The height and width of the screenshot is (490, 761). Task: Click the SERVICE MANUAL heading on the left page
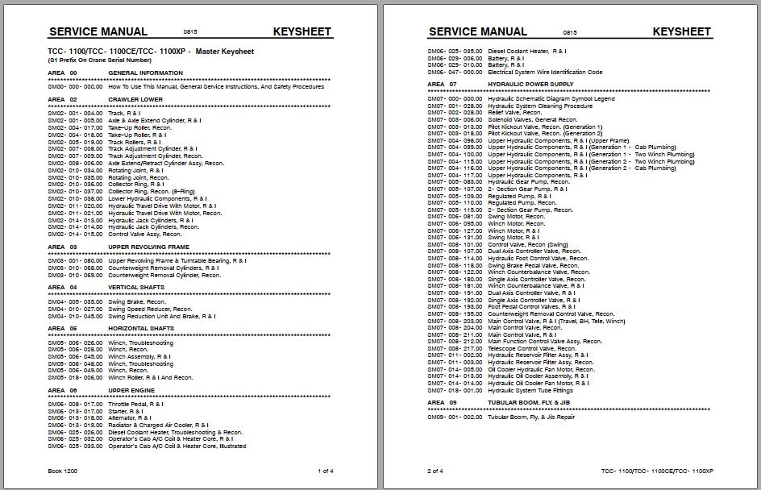pyautogui.click(x=98, y=32)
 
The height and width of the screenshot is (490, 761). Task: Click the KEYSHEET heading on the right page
pyautogui.click(x=681, y=32)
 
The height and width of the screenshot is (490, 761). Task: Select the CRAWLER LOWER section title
pyautogui.click(x=135, y=100)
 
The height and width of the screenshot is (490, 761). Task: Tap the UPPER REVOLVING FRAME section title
pyautogui.click(x=148, y=247)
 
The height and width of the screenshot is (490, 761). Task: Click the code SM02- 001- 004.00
pyautogui.click(x=75, y=114)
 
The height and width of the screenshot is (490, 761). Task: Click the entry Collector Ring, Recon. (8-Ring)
pyautogui.click(x=150, y=192)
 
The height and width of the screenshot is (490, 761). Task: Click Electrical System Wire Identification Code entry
pyautogui.click(x=545, y=73)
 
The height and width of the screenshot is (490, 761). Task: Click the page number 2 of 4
pyautogui.click(x=435, y=471)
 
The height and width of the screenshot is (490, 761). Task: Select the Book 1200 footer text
pyautogui.click(x=64, y=471)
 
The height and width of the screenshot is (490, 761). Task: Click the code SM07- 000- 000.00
pyautogui.click(x=455, y=99)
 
